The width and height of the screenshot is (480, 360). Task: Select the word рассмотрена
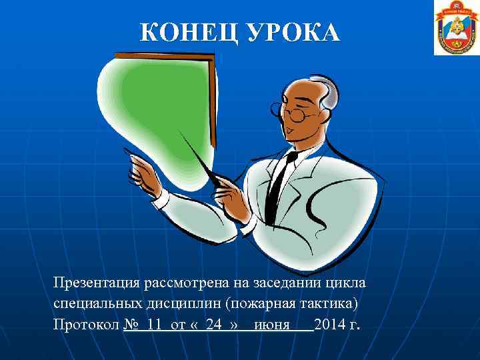[190, 283]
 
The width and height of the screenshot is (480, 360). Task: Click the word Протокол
[86, 325]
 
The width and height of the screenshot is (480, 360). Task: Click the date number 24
[213, 325]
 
